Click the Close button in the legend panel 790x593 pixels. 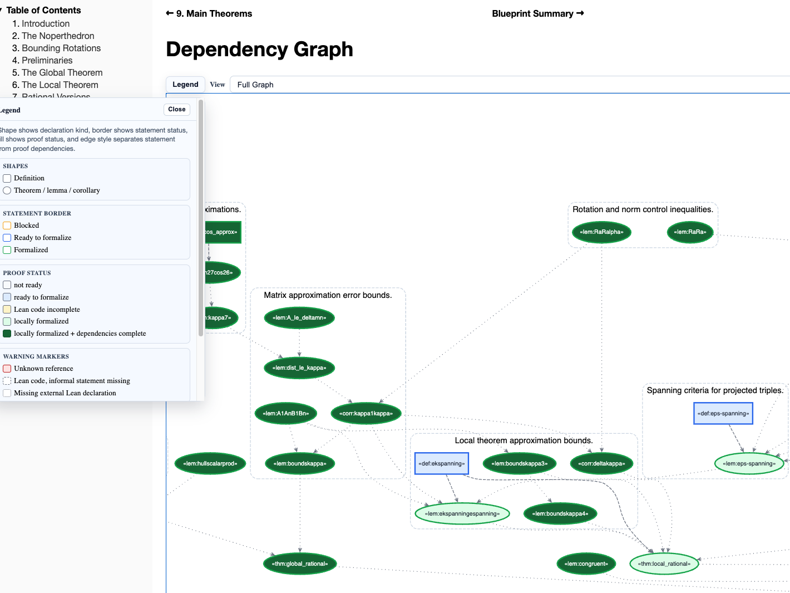pos(177,110)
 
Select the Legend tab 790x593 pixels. pos(185,85)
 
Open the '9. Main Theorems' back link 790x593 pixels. pos(209,13)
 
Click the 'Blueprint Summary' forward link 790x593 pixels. pos(537,13)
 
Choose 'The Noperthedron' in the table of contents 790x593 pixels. pos(58,36)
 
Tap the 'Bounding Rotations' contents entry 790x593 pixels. pos(61,48)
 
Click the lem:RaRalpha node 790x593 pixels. pos(601,232)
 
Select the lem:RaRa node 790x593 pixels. pos(690,232)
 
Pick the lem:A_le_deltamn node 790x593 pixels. pos(299,318)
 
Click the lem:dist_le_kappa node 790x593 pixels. pos(299,368)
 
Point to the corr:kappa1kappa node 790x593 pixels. pos(366,414)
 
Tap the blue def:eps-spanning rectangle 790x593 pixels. pos(723,414)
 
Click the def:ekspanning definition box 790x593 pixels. pos(442,464)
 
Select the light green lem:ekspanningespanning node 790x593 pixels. pos(462,514)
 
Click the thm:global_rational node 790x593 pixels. pos(300,564)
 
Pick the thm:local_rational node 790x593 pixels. pos(664,564)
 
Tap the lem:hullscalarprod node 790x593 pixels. pos(210,464)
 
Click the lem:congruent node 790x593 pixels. pos(586,564)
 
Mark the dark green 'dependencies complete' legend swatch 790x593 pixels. pos(7,334)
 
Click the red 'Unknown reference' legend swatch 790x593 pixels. pos(7,369)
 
